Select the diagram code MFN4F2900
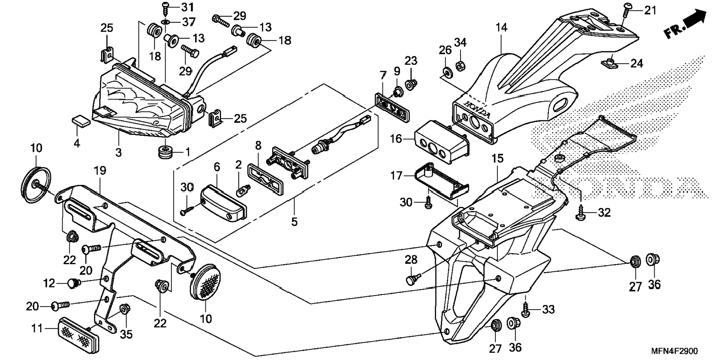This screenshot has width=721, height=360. click(674, 351)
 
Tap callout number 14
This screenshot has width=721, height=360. click(502, 28)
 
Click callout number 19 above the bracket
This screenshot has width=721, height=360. click(100, 171)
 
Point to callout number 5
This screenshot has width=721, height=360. click(295, 222)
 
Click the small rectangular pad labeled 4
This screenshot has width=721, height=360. click(81, 120)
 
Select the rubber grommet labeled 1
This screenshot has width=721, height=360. click(165, 152)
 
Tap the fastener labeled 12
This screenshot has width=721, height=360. click(75, 283)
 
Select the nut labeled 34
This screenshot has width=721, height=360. click(460, 66)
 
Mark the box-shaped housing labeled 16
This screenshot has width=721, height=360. click(442, 142)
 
